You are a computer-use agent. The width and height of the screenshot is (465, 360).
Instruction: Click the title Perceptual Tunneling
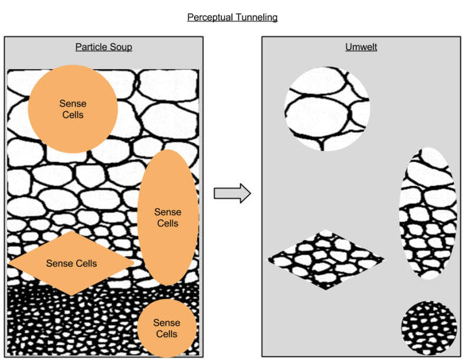tap(232, 17)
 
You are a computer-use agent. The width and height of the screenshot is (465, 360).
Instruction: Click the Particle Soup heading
tap(103, 47)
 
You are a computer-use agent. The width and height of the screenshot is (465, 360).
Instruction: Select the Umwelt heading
tap(361, 47)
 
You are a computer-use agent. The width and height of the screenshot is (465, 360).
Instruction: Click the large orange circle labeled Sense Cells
tap(73, 89)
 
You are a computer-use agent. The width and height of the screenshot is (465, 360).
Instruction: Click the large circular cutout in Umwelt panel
tap(327, 109)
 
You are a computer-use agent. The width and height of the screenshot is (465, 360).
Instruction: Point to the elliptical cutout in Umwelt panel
tap(427, 212)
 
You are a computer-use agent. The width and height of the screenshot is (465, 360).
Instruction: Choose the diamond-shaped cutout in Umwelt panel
tap(326, 259)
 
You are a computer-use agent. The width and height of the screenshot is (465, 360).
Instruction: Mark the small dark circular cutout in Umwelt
tap(429, 328)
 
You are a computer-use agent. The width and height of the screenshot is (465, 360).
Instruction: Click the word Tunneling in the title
tap(255, 17)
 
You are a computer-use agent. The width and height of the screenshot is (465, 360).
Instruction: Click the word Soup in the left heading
tap(120, 47)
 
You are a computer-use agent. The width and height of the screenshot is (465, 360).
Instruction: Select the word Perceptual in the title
tap(209, 17)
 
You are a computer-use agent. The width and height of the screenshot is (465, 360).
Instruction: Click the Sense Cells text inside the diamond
tap(71, 263)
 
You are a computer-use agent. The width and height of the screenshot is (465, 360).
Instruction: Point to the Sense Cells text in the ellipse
tap(168, 217)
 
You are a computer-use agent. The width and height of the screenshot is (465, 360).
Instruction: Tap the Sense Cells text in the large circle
tap(73, 109)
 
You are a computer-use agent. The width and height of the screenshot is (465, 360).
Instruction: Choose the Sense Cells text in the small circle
tap(166, 328)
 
